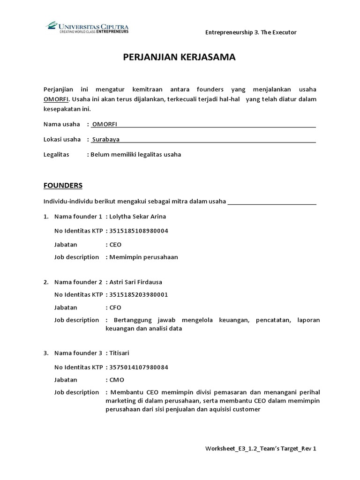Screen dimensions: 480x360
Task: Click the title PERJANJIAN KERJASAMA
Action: click(x=180, y=57)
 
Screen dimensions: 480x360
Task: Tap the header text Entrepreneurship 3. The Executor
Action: click(x=251, y=32)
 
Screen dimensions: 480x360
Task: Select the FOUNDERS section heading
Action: click(x=63, y=185)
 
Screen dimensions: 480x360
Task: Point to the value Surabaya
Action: click(x=106, y=140)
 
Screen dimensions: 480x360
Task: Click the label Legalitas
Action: click(x=56, y=154)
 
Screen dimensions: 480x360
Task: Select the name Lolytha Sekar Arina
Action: click(x=137, y=217)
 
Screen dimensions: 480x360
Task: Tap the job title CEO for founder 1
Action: click(x=115, y=245)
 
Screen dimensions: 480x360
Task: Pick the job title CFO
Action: click(x=115, y=307)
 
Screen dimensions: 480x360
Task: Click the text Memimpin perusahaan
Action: click(x=143, y=257)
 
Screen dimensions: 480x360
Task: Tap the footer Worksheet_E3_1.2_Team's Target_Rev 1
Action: click(x=261, y=449)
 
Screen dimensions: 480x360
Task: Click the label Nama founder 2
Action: click(x=78, y=282)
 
